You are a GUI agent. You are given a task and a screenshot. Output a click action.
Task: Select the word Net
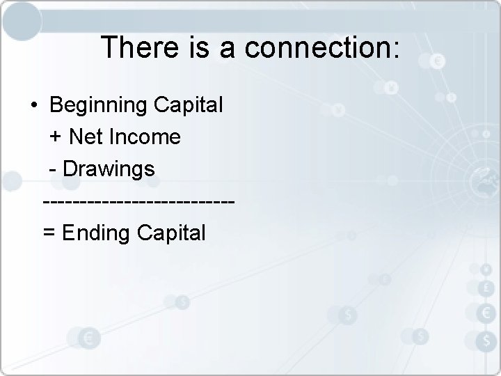pyautogui.click(x=84, y=137)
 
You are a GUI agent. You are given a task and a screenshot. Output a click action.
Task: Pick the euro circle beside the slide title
pyautogui.click(x=438, y=62)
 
